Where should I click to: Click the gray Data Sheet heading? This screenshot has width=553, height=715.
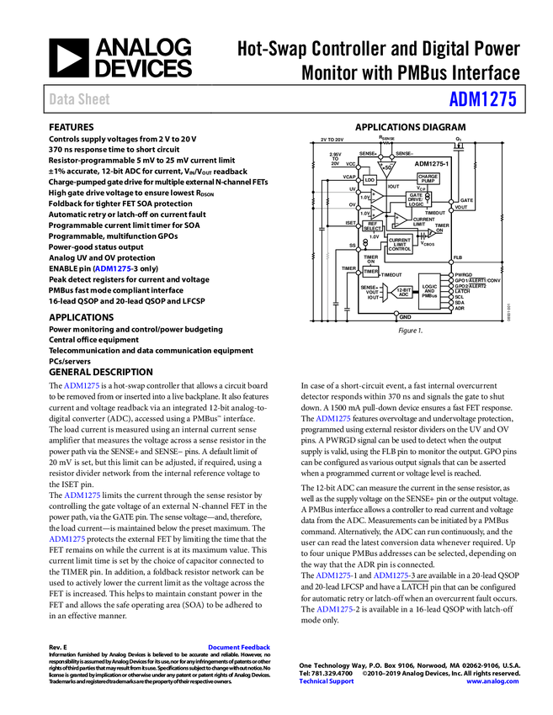pos(80,99)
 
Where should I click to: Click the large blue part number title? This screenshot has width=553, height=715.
pos(482,99)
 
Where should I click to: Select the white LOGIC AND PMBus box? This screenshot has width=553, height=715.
pos(429,291)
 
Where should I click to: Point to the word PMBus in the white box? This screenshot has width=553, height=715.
pos(429,296)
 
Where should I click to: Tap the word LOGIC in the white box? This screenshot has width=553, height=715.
pos(429,286)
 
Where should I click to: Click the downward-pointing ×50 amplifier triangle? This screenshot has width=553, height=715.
pos(386,167)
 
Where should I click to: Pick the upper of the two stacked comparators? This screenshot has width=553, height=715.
pos(376,195)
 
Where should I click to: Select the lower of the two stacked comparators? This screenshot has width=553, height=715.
pos(376,212)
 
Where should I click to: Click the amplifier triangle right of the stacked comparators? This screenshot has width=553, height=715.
pos(400,220)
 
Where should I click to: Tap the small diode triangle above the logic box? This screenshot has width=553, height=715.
pos(432,233)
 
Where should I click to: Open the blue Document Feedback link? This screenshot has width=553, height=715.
pos(240,648)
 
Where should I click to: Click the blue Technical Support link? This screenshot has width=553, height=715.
pos(327,681)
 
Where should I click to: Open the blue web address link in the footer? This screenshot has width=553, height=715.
pos(492,681)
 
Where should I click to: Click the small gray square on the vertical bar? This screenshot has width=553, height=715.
pos(327,256)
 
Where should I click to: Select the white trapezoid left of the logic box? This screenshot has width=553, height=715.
pos(385,292)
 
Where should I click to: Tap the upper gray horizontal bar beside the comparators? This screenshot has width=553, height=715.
pos(341,193)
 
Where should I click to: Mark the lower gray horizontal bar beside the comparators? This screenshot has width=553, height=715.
pos(341,209)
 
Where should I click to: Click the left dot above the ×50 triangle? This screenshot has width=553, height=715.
pos(381,156)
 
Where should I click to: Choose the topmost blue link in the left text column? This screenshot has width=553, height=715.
pos(114,269)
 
